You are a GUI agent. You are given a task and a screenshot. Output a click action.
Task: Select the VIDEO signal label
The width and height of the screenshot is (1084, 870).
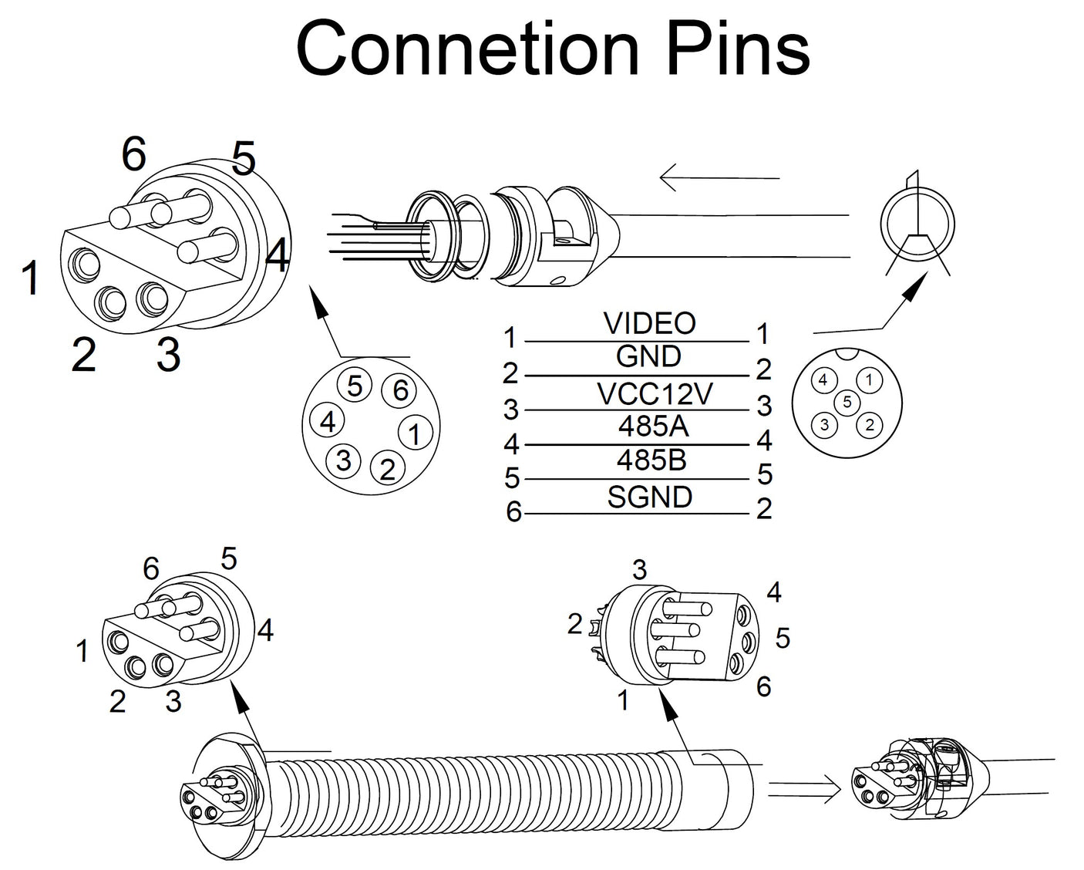649,323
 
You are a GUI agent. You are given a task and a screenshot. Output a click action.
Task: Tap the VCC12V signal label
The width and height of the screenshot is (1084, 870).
655,393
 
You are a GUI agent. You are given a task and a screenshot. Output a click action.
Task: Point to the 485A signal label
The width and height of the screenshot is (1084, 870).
653,426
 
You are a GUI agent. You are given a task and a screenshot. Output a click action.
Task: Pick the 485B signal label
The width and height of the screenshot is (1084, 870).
651,460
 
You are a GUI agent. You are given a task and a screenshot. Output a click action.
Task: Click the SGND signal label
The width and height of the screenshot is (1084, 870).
650,497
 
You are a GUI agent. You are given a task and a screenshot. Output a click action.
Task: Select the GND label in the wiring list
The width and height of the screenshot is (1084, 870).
648,356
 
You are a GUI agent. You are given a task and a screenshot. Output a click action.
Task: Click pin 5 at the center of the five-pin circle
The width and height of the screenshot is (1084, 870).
847,402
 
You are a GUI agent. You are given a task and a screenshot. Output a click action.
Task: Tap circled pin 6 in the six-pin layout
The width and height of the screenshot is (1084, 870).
400,390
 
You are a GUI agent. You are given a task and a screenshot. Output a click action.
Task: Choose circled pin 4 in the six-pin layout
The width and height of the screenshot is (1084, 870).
328,422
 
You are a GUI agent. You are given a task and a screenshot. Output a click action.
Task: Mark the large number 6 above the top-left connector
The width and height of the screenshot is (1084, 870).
133,155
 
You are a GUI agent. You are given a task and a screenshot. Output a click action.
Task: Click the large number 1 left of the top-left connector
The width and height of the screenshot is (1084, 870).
30,278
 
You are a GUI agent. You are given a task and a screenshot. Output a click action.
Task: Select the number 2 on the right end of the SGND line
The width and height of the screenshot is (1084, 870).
763,509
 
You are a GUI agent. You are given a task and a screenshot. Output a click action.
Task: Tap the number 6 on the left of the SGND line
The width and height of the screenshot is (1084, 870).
513,512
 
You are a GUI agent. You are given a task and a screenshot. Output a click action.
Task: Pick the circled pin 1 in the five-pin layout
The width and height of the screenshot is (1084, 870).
869,379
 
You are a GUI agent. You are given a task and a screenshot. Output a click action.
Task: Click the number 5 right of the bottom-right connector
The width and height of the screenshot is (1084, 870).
783,638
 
